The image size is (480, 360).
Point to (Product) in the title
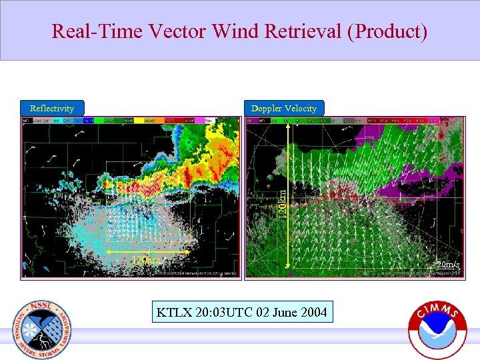click(x=387, y=31)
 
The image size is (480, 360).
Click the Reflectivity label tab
click(x=52, y=108)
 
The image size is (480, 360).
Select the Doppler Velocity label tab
click(x=284, y=108)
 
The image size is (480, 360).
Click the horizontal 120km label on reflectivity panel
click(x=145, y=259)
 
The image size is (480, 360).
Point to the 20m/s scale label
click(x=447, y=265)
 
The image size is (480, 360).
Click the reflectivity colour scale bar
click(x=130, y=121)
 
